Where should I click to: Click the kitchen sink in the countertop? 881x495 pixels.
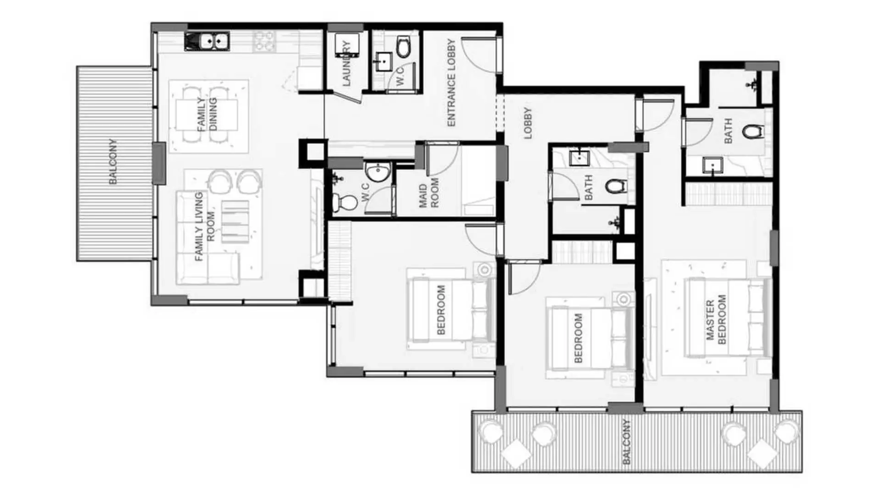(207, 41)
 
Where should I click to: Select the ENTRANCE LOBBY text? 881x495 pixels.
(451, 82)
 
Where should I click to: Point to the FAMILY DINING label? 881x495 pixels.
(207, 115)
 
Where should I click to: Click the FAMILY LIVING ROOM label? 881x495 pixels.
(205, 227)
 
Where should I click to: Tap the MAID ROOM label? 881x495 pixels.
(429, 193)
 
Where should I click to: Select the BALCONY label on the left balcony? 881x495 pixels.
(113, 161)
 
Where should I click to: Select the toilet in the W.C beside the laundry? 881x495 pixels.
(403, 47)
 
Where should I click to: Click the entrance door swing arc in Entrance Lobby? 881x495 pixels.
(477, 55)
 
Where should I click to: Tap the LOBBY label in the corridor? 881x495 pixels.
(528, 123)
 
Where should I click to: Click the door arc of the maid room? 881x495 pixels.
(443, 159)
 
